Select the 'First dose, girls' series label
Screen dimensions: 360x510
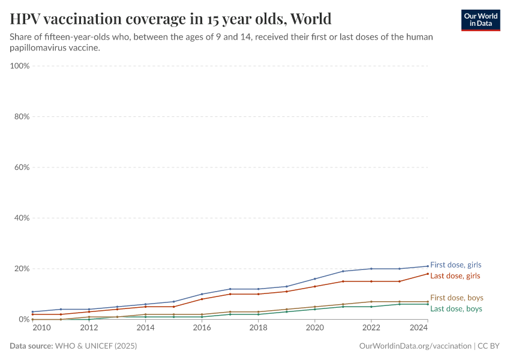click(x=455, y=265)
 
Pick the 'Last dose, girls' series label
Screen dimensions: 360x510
click(x=455, y=275)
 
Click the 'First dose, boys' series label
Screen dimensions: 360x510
click(x=456, y=298)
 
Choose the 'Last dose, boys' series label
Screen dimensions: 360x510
click(x=455, y=308)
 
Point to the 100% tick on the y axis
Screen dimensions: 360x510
click(x=20, y=66)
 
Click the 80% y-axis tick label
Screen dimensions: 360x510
click(x=22, y=116)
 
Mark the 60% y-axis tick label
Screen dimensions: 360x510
click(x=22, y=167)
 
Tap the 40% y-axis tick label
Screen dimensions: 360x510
click(x=22, y=218)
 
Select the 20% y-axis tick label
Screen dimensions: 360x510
click(x=22, y=269)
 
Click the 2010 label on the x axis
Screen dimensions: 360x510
click(x=41, y=328)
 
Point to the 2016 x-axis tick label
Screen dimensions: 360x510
click(x=202, y=328)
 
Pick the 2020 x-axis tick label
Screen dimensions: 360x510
click(x=314, y=328)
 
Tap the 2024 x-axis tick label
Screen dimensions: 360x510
click(x=419, y=328)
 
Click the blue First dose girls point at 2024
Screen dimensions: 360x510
click(x=427, y=266)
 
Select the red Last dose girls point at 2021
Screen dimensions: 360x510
click(x=343, y=281)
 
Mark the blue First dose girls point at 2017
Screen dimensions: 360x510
click(x=230, y=289)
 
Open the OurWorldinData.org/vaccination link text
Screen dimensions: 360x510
click(x=415, y=346)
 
